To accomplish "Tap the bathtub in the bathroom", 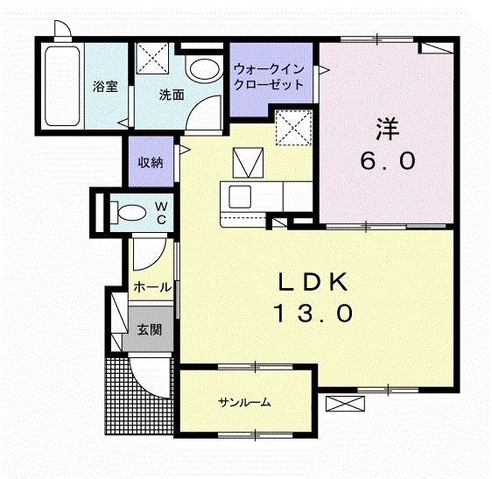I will tap(62, 84).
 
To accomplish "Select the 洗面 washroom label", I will tap(172, 94).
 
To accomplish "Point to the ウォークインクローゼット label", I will tap(269, 78).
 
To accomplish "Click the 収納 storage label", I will tap(150, 162).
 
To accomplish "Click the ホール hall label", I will tap(151, 287).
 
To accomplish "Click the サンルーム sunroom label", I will tap(244, 403).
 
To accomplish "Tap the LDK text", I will tap(314, 281).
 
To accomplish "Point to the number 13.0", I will tap(314, 312).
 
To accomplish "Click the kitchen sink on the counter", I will tap(239, 194).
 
